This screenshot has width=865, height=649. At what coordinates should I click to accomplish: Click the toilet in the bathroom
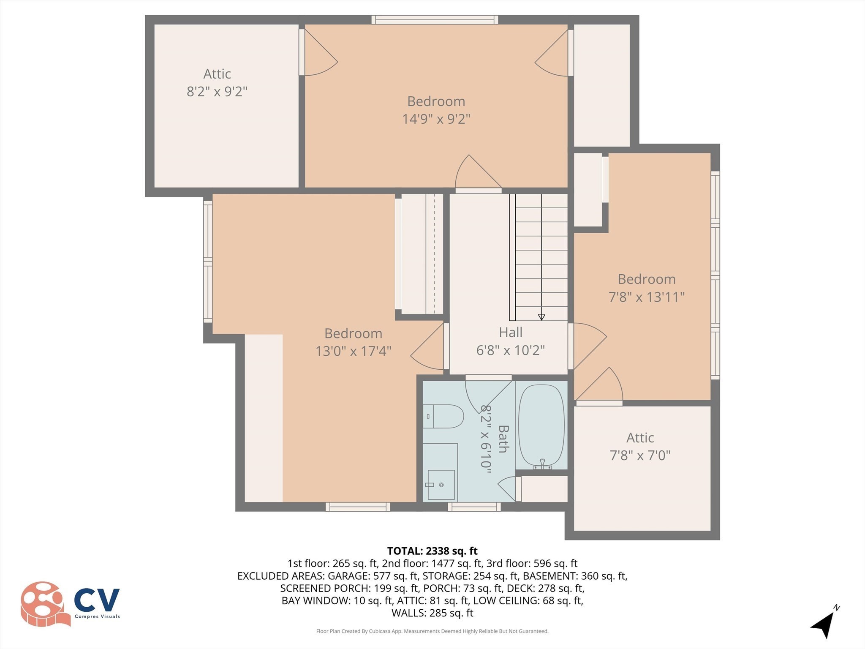(x=443, y=417)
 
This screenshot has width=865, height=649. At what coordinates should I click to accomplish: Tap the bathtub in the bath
(x=541, y=425)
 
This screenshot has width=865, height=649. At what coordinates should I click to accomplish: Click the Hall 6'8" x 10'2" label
(x=510, y=341)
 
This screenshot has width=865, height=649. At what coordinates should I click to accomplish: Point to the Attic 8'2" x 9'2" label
(x=217, y=83)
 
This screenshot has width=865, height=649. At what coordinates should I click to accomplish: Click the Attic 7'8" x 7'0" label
(x=640, y=447)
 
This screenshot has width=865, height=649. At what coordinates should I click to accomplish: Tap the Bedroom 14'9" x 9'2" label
(x=436, y=110)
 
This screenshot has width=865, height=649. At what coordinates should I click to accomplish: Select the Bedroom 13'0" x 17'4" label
(x=353, y=342)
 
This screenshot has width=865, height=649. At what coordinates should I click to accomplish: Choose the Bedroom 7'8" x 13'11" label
(x=646, y=288)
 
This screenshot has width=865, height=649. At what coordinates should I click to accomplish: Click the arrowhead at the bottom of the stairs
(x=541, y=317)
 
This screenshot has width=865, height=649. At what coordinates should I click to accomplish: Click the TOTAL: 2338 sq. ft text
(x=432, y=551)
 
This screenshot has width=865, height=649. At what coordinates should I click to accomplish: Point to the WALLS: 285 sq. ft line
(x=432, y=613)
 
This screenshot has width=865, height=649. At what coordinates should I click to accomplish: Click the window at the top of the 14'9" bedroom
(x=435, y=19)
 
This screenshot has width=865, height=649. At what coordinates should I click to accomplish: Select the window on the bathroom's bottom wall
(x=474, y=507)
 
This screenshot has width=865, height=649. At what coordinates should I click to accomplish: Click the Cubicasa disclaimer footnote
(x=432, y=631)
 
